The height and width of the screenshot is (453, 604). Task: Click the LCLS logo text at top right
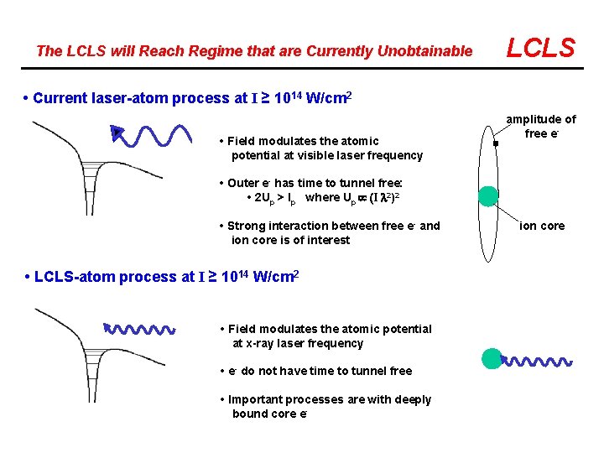pyautogui.click(x=541, y=48)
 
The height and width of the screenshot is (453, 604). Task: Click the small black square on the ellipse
pyautogui.click(x=496, y=144)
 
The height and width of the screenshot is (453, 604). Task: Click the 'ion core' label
pyautogui.click(x=542, y=226)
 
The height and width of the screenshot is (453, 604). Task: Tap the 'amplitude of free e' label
pyautogui.click(x=540, y=126)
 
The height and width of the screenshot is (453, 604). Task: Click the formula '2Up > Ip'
pyautogui.click(x=275, y=198)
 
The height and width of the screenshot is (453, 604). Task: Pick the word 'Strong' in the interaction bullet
pyautogui.click(x=247, y=226)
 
